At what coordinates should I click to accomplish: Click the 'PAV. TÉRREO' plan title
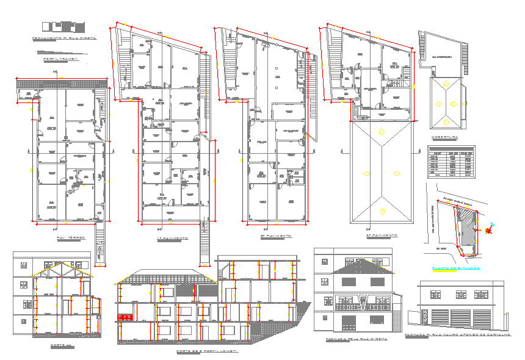pyautogui.click(x=71, y=237)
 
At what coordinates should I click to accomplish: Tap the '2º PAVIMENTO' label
pyautogui.click(x=276, y=236)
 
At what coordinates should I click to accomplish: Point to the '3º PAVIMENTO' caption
pyautogui.click(x=382, y=235)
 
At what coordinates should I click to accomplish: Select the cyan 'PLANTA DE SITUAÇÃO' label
pyautogui.click(x=455, y=268)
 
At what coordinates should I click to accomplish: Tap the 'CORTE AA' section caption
pyautogui.click(x=61, y=345)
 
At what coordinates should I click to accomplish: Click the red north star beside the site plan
pyautogui.click(x=488, y=231)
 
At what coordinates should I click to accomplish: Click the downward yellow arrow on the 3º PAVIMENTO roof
pyautogui.click(x=382, y=212)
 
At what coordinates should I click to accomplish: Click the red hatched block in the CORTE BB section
pyautogui.click(x=125, y=317)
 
